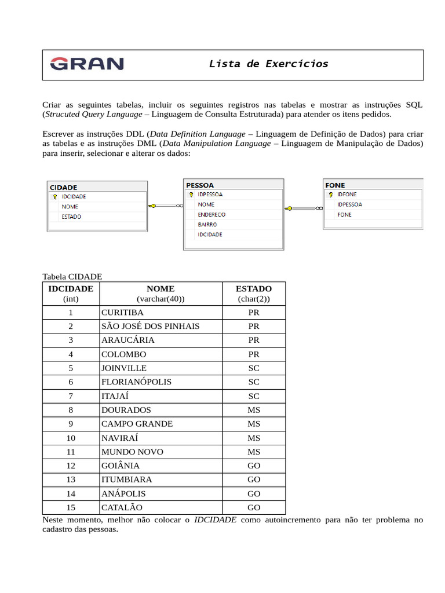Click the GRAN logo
coord(87,64)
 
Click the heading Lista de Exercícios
coord(268,64)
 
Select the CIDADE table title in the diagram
coord(64,187)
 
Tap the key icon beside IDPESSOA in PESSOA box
coord(191,195)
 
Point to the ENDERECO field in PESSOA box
coord(211,214)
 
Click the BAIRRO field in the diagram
coord(207,225)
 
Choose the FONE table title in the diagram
coord(335,185)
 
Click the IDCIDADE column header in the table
coord(71,288)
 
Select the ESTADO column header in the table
coord(254,288)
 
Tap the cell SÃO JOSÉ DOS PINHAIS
coord(150,326)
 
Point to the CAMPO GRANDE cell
coord(137,424)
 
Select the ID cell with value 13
coord(71,479)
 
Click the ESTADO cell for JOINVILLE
coord(254,368)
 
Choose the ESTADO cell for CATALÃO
coord(254,508)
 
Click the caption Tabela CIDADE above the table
coord(72,277)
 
